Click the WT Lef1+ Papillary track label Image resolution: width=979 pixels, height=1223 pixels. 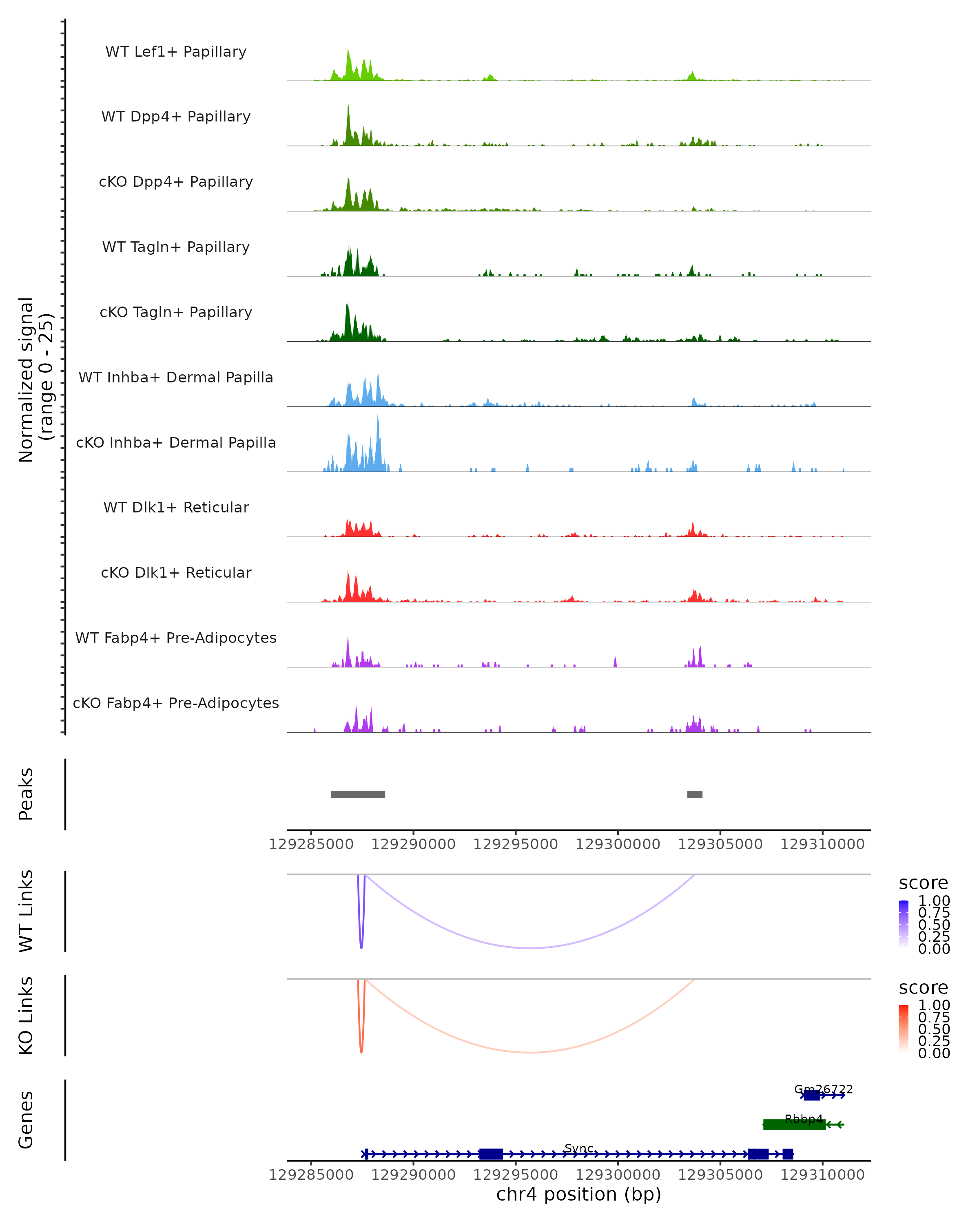tap(176, 52)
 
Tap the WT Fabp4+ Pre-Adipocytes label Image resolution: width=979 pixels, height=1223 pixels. tap(176, 638)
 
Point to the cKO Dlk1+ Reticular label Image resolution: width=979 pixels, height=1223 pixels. tap(176, 572)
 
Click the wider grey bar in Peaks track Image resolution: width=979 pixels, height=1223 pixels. tap(358, 794)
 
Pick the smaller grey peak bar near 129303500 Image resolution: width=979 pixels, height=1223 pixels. tap(695, 794)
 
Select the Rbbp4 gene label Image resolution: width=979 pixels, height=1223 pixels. tap(803, 1119)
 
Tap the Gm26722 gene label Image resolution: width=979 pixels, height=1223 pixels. tap(823, 1089)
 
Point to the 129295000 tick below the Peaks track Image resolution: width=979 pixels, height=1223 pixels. tap(515, 844)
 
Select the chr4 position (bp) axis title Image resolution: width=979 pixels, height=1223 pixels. tap(578, 1194)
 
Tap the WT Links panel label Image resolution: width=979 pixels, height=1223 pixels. tap(26, 911)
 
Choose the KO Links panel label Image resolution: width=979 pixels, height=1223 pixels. tap(26, 1015)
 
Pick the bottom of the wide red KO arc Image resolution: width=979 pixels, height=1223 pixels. tap(529, 1052)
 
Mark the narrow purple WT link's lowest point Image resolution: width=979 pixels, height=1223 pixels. tap(361, 947)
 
